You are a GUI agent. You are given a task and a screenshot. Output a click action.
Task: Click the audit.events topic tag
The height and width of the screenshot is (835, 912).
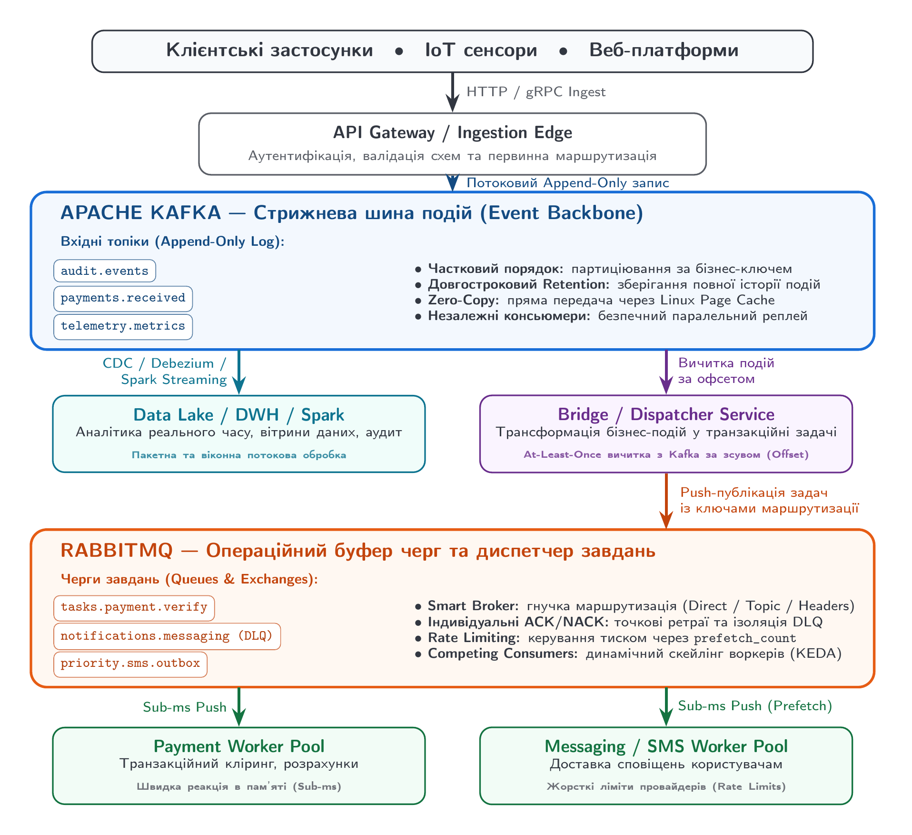(x=105, y=271)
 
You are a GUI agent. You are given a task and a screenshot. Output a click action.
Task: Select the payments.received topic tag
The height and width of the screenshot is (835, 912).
(x=123, y=299)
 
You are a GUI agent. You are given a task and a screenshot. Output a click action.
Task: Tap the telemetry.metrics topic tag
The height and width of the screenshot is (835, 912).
(x=123, y=327)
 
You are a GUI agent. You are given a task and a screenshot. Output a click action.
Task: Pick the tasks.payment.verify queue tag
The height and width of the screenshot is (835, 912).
(x=134, y=608)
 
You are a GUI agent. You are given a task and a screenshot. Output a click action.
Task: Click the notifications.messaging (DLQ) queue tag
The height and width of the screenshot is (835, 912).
(x=167, y=636)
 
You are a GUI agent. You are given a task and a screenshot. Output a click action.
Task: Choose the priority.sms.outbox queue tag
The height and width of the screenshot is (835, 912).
(x=130, y=664)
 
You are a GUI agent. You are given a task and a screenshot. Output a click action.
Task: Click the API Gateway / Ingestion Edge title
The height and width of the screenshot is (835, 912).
(x=452, y=132)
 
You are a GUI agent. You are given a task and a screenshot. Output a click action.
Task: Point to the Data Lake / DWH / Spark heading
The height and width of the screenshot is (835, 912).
(x=238, y=415)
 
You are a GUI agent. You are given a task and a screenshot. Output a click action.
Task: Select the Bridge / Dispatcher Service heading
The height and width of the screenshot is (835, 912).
(x=666, y=414)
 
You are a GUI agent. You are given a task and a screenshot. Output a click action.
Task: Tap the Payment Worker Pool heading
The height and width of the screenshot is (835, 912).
(x=238, y=746)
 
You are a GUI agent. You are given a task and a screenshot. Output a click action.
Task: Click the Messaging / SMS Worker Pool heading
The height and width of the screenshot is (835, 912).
(x=666, y=746)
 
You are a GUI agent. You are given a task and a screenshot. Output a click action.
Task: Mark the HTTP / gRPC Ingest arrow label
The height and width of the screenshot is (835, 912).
(x=536, y=92)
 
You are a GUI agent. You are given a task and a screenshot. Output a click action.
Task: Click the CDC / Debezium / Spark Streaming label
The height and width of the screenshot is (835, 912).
(x=165, y=372)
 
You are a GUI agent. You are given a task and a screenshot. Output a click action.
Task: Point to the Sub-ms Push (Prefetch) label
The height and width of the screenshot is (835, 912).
(x=755, y=706)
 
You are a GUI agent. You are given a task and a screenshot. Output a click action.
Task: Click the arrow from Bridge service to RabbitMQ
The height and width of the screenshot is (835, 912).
(x=666, y=501)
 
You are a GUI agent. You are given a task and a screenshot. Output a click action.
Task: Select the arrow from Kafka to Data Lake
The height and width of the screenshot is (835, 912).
(x=238, y=372)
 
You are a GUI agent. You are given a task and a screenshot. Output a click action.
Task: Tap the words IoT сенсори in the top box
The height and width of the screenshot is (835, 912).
(x=481, y=50)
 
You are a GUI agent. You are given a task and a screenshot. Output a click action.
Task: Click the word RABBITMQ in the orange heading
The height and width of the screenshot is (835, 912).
(x=117, y=551)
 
